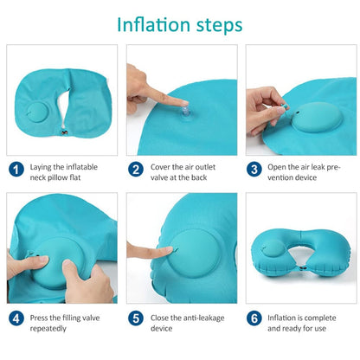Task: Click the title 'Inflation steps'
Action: [x=179, y=23]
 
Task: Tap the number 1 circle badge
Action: [x=17, y=170]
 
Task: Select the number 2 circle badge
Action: [x=136, y=170]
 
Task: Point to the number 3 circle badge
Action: [x=254, y=170]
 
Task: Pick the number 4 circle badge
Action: [x=17, y=318]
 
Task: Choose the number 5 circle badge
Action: [x=136, y=318]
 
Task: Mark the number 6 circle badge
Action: [x=254, y=318]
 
